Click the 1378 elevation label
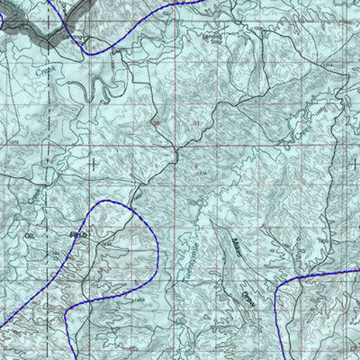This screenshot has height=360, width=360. coord(202,173)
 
